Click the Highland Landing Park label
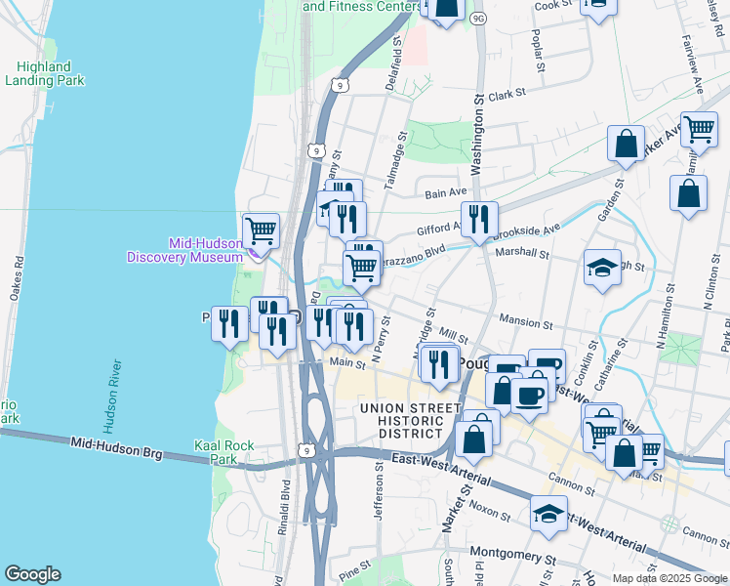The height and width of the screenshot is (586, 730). click(x=44, y=73)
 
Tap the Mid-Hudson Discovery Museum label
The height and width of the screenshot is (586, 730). click(x=183, y=250)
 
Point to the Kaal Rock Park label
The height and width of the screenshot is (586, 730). click(x=224, y=452)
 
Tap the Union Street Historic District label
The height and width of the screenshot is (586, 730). click(x=410, y=418)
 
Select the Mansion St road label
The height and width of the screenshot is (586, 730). click(x=526, y=319)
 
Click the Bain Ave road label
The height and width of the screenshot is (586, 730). click(x=446, y=193)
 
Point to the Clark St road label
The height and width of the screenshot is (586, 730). click(x=507, y=95)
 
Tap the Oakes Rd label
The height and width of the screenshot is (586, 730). click(x=20, y=279)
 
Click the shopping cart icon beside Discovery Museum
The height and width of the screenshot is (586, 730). click(x=261, y=230)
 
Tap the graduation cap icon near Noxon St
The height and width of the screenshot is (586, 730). click(x=549, y=512)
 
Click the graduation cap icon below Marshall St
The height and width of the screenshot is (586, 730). click(x=602, y=267)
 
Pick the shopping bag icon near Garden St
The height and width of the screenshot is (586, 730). click(x=626, y=143)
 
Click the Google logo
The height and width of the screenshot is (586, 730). click(x=32, y=574)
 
